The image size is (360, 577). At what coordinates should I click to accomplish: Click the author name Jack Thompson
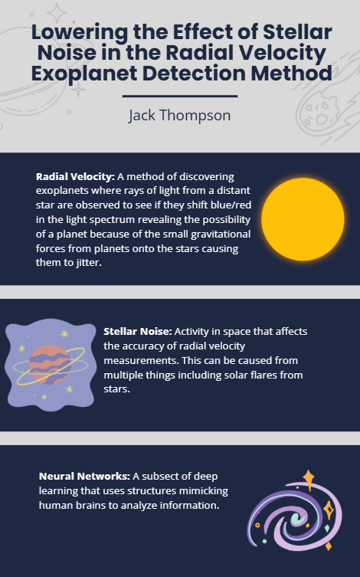(x=179, y=116)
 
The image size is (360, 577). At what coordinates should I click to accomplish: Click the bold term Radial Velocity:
(x=75, y=176)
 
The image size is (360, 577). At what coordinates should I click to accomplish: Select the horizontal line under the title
(x=179, y=97)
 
